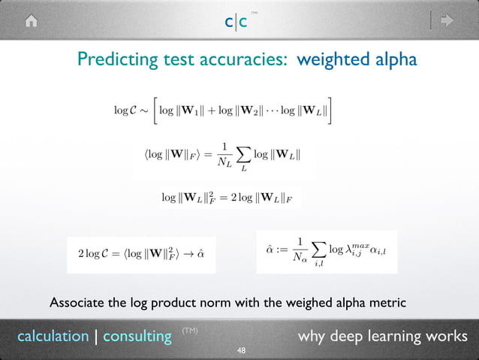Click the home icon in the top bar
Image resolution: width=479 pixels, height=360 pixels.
31,21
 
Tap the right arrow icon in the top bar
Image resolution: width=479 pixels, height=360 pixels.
447,21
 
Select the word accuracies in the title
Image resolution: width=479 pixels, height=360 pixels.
239,59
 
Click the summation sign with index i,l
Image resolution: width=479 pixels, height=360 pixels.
318,248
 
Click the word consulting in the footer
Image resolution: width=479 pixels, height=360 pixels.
137,336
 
